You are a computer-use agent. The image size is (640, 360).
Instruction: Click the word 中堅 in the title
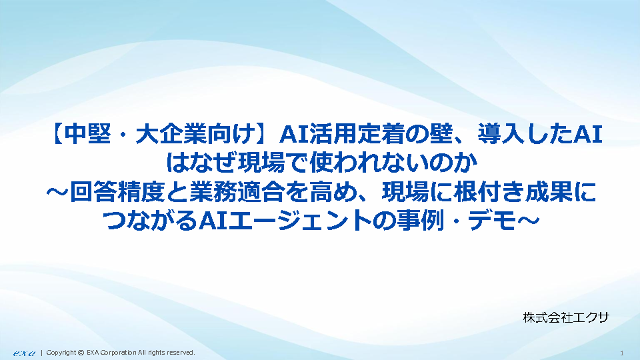[x=87, y=134]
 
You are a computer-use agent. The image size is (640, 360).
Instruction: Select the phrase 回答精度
[x=117, y=192]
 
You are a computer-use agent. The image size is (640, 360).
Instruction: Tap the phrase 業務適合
[x=237, y=192]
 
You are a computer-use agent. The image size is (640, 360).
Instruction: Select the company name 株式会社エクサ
[x=566, y=317]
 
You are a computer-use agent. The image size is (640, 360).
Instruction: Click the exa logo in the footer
[x=24, y=353]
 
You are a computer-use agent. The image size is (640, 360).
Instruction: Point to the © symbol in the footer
[x=81, y=353]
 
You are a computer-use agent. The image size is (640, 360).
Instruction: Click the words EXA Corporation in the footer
[x=111, y=353]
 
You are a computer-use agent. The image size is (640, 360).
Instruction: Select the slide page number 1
[x=621, y=353]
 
